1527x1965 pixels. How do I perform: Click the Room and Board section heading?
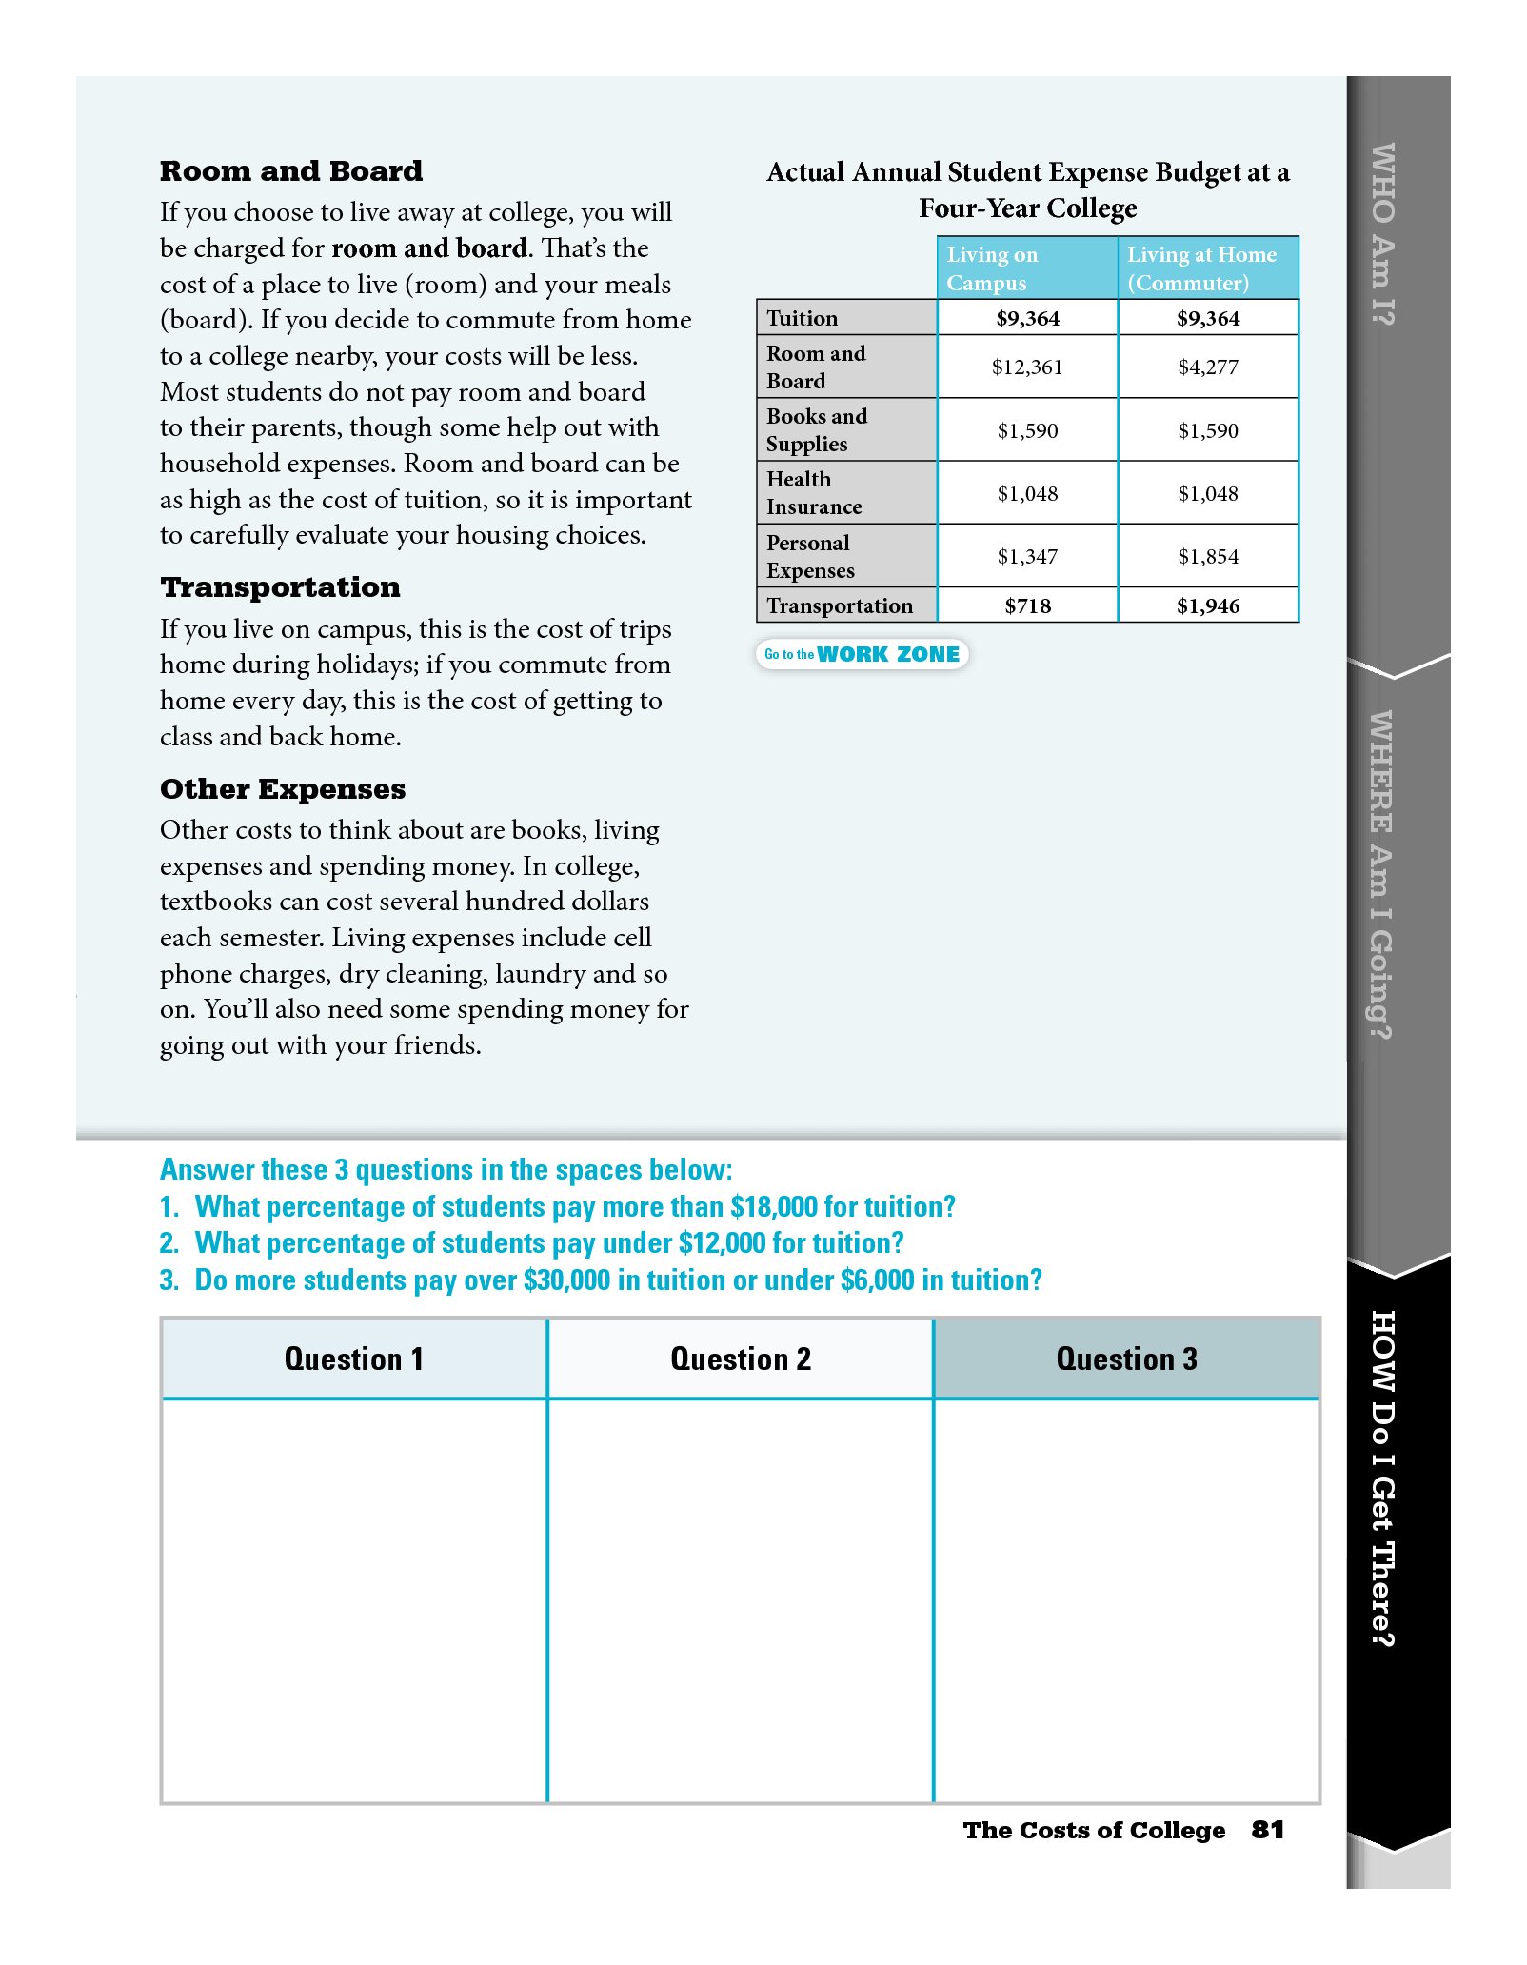coord(290,171)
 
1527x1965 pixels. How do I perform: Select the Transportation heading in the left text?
coord(280,587)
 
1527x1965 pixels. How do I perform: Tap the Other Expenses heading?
coord(282,789)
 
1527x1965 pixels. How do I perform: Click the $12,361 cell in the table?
coord(1026,367)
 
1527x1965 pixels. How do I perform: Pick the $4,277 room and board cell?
coord(1207,367)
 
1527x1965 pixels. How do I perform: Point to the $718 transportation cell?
coord(1026,606)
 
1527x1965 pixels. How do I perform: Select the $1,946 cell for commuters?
coord(1207,606)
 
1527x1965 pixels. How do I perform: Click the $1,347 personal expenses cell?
coord(1026,557)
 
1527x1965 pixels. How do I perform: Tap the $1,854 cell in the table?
coord(1207,557)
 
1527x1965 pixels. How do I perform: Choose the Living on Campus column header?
coord(1026,268)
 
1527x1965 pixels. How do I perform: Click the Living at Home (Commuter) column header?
coord(1207,268)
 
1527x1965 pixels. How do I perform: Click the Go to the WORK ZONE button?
coord(862,655)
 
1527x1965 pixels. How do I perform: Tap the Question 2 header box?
coord(740,1360)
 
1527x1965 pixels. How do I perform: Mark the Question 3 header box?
coord(1126,1360)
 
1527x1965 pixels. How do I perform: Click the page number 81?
coord(1267,1830)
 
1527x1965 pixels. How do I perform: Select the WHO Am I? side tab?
coord(1382,233)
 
